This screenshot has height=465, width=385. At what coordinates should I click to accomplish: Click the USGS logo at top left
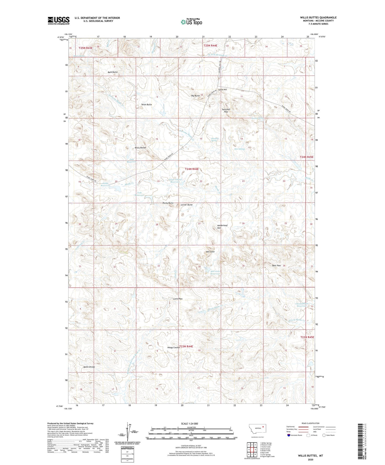pos(59,21)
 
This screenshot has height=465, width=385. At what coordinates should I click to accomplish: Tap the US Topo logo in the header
pos(191,22)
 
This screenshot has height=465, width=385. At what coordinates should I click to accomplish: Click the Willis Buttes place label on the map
pos(140,148)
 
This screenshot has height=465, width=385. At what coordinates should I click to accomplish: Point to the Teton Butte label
pos(147,105)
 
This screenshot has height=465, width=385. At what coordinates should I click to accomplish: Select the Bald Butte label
pos(113,72)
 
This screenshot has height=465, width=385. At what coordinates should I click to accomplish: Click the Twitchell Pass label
pos(226,111)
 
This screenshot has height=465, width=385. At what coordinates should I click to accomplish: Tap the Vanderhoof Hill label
pos(222,226)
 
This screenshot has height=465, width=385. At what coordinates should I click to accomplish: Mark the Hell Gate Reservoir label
pos(215,272)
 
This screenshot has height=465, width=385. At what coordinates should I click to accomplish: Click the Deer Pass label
pos(276,265)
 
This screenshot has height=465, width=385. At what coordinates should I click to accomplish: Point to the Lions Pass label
pos(178,299)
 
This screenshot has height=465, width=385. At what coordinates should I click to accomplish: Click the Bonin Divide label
pos(89,367)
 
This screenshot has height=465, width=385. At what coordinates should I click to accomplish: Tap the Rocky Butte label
pos(168,203)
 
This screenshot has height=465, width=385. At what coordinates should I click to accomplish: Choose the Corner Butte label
pos(187,205)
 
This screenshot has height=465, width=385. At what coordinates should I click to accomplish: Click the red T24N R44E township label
pos(192,169)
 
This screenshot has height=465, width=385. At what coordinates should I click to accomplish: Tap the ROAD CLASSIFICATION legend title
pos(311,423)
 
